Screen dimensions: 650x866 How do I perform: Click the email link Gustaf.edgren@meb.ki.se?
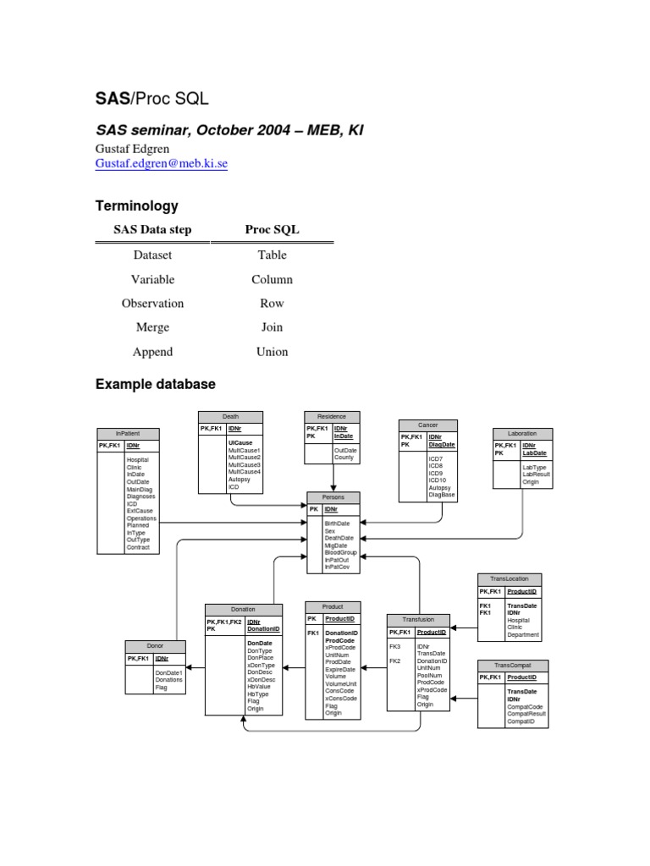pos(161,164)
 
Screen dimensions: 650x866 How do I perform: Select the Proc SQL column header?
pos(272,230)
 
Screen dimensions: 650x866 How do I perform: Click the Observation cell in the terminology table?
pos(152,303)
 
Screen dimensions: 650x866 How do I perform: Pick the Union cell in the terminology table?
pos(272,352)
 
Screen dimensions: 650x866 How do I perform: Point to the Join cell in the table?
pos(272,327)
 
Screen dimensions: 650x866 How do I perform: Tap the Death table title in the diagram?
pos(231,416)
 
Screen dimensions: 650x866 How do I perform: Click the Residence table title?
pos(333,416)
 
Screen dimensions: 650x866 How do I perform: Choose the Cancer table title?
pos(427,425)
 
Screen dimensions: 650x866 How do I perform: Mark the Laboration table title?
pos(522,433)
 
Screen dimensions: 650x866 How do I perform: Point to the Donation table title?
pos(243,609)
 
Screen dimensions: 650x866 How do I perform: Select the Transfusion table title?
pos(417,619)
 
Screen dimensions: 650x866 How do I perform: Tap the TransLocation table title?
pos(510,579)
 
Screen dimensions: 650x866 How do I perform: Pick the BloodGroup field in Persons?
pos(341,552)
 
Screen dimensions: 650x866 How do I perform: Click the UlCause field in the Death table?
pos(240,442)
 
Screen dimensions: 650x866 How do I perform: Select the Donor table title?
pos(155,646)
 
